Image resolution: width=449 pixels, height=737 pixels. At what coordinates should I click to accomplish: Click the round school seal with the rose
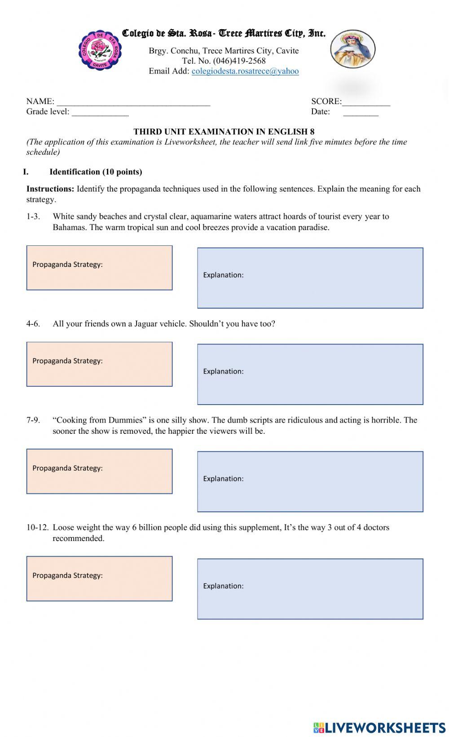click(x=100, y=50)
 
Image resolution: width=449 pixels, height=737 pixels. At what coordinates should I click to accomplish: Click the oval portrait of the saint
click(x=353, y=49)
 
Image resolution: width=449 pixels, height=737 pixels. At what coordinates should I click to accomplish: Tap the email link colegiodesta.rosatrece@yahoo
click(x=245, y=71)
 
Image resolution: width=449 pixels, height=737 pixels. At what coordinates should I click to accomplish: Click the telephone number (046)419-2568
click(x=239, y=61)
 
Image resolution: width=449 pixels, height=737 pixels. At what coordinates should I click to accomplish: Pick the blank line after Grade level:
click(x=100, y=113)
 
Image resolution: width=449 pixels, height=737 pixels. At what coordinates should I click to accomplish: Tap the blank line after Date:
click(x=361, y=113)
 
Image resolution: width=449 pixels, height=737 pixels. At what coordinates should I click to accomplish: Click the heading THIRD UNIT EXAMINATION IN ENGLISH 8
click(x=224, y=131)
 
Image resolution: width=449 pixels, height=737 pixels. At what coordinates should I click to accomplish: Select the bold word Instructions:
click(x=50, y=189)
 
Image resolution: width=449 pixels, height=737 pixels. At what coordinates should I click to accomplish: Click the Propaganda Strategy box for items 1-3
click(x=99, y=268)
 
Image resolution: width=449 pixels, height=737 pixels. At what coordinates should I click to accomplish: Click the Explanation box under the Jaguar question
click(x=310, y=374)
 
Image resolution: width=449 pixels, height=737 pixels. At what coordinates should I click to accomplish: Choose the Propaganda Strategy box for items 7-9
click(x=99, y=471)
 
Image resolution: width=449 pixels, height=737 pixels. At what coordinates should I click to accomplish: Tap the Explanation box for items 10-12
click(x=310, y=589)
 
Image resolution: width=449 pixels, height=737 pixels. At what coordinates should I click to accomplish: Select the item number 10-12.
click(x=38, y=528)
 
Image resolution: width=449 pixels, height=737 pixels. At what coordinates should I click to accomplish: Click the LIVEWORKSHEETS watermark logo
click(x=379, y=727)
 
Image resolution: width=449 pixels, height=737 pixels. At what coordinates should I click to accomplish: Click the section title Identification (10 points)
click(x=96, y=172)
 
